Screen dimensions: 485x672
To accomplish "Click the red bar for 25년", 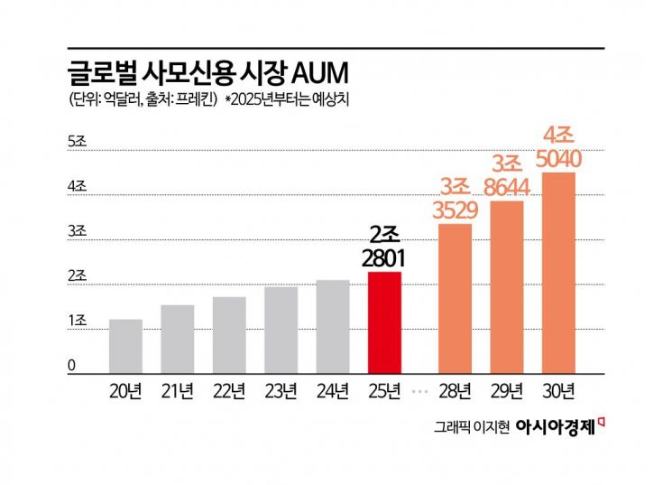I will pyautogui.click(x=385, y=322).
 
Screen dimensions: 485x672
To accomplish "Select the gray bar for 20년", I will pyautogui.click(x=125, y=345).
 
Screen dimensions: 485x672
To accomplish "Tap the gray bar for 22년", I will pyautogui.click(x=229, y=334).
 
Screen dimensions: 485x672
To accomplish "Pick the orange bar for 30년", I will pyautogui.click(x=558, y=272).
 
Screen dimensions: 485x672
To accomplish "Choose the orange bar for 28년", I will pyautogui.click(x=455, y=298).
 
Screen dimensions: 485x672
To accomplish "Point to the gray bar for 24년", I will pyautogui.click(x=333, y=326).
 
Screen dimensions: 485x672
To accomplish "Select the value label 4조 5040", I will pyautogui.click(x=558, y=149).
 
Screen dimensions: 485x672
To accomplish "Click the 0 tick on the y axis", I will pyautogui.click(x=70, y=366).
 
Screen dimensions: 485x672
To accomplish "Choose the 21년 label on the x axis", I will pyautogui.click(x=178, y=391).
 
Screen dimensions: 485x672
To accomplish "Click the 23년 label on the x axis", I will pyautogui.click(x=281, y=391).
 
